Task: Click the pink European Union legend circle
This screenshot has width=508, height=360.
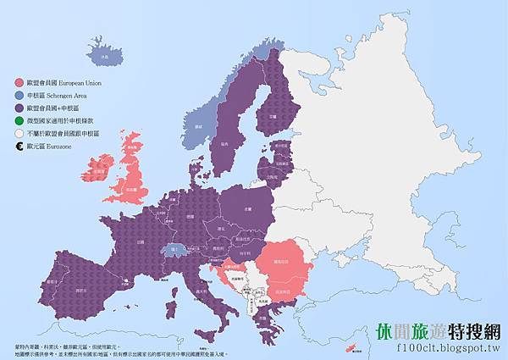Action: point(19,83)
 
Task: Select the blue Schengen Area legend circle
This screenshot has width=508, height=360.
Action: point(19,96)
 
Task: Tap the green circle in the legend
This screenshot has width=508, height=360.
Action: point(19,121)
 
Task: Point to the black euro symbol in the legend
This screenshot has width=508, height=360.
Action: point(19,147)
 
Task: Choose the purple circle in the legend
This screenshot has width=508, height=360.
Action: point(19,108)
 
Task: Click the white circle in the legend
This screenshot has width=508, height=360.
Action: point(19,134)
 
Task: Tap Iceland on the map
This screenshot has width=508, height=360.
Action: point(105,56)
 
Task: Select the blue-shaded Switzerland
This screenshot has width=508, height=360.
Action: point(175,250)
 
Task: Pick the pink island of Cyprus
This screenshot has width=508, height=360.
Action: point(347,348)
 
